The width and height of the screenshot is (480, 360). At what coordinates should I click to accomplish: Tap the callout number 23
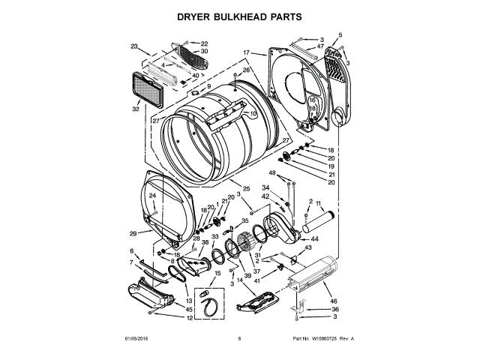(134, 46)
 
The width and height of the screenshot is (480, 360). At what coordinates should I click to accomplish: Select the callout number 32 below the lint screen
(136, 109)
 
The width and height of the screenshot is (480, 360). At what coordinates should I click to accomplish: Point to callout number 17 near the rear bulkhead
(246, 52)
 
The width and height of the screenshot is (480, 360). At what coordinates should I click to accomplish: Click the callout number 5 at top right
(340, 35)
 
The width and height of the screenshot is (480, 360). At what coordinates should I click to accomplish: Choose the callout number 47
(320, 47)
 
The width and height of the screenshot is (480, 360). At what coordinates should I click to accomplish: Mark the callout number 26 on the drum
(245, 70)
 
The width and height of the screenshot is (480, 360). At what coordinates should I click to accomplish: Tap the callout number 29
(133, 233)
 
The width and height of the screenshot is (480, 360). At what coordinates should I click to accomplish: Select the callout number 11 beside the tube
(318, 204)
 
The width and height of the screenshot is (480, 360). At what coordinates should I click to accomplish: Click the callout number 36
(335, 309)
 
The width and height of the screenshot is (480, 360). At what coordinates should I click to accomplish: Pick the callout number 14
(240, 280)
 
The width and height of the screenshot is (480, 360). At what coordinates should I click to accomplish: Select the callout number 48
(272, 173)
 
